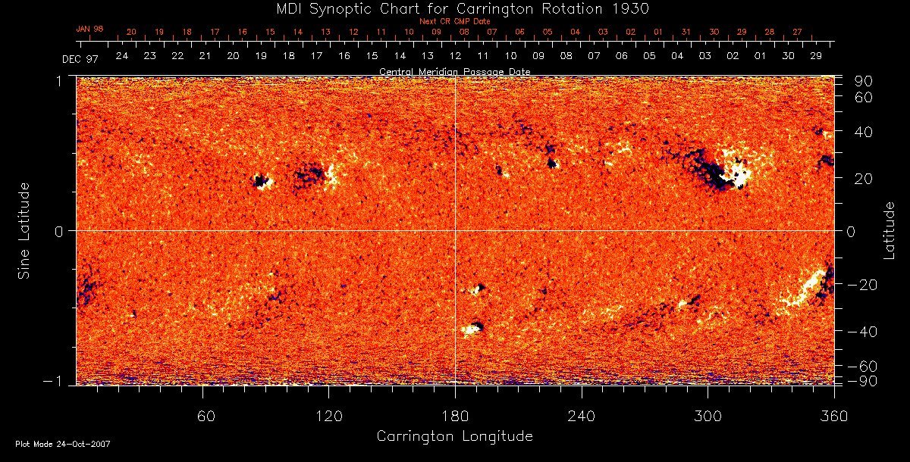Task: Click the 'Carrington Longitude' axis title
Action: click(x=454, y=436)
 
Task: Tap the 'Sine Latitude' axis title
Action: click(x=24, y=230)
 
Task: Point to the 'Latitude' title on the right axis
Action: click(x=890, y=230)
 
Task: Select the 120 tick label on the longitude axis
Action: click(x=329, y=416)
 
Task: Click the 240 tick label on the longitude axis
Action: click(x=582, y=416)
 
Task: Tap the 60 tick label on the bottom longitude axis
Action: click(x=202, y=416)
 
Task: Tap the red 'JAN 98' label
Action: click(x=89, y=29)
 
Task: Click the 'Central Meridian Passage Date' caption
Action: click(x=454, y=71)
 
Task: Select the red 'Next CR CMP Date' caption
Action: click(x=454, y=21)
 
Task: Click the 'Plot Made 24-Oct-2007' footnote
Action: click(x=63, y=444)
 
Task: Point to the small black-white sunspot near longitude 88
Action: click(x=262, y=181)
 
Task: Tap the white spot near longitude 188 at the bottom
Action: click(x=474, y=328)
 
